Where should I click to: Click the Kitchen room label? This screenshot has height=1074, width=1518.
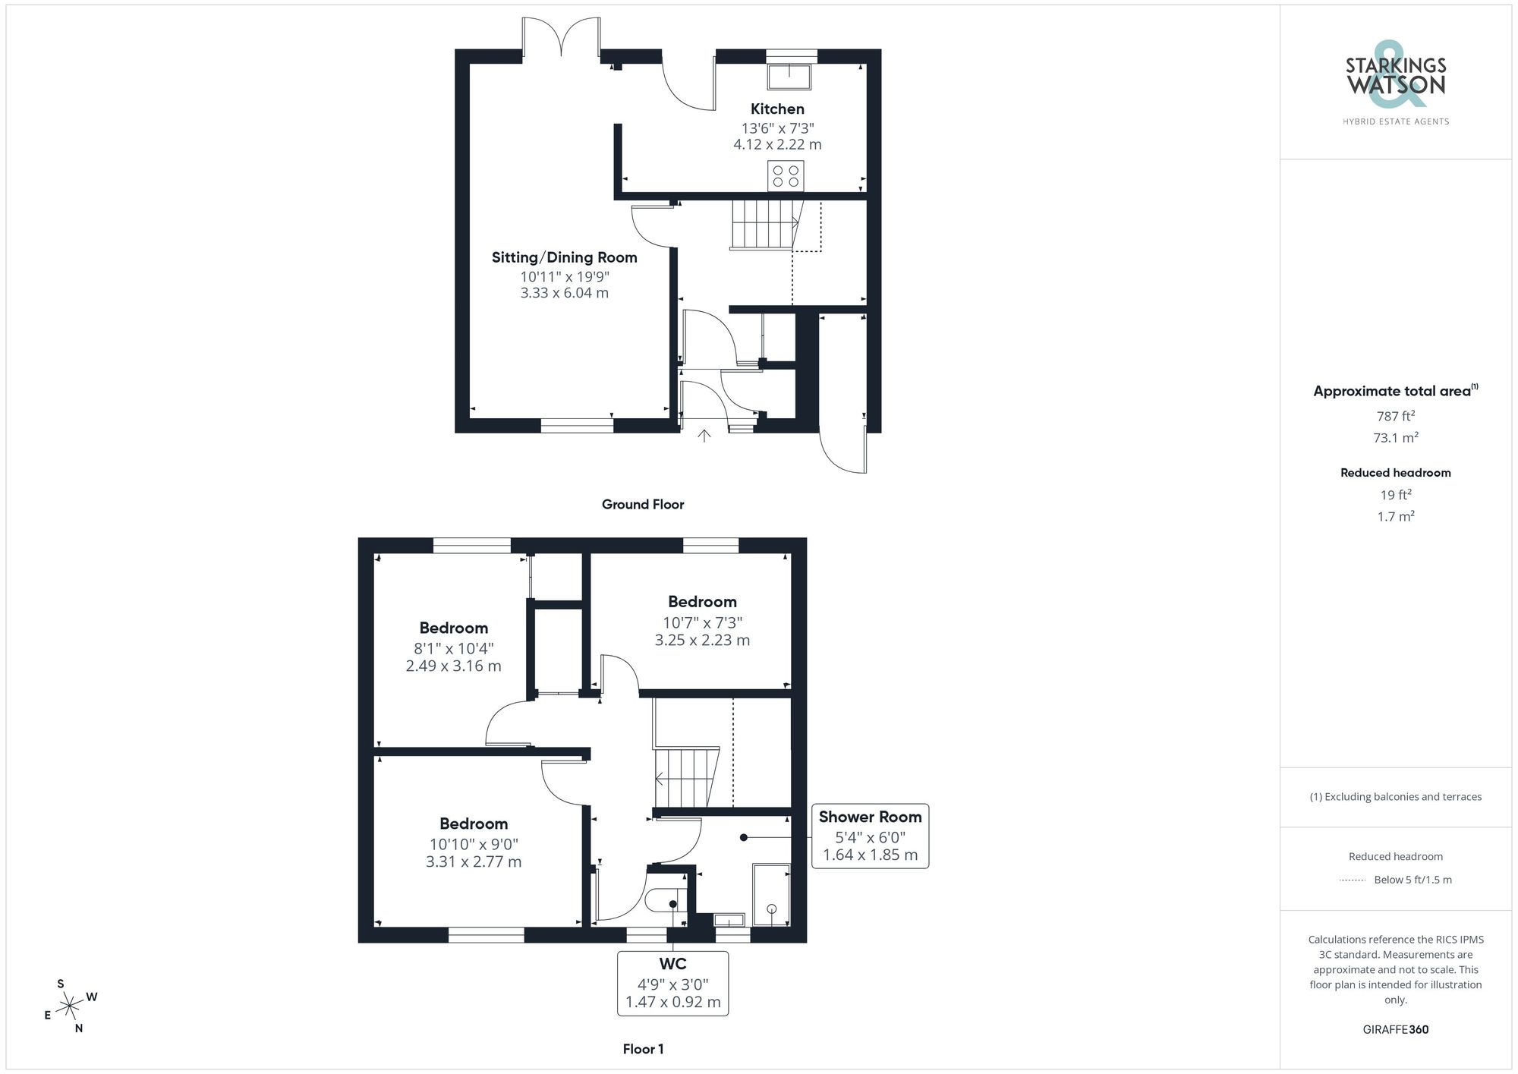[777, 109]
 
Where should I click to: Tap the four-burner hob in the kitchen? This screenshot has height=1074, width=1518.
[786, 176]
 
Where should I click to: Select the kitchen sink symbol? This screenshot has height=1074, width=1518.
[790, 76]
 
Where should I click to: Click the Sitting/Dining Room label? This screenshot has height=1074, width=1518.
[564, 257]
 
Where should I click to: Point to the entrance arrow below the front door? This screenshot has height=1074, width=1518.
[704, 436]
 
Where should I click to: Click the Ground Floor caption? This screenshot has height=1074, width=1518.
[643, 505]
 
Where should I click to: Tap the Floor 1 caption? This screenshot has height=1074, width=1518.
[643, 1049]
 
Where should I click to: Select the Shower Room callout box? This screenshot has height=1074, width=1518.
[870, 836]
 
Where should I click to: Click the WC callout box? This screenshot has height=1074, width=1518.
[672, 984]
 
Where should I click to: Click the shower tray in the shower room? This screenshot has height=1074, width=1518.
[771, 894]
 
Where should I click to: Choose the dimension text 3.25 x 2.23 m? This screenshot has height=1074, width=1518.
[702, 640]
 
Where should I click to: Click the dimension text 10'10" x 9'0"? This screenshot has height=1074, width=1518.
[474, 844]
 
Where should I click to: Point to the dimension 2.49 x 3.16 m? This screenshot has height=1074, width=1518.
[453, 666]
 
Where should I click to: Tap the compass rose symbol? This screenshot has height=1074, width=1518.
[70, 1006]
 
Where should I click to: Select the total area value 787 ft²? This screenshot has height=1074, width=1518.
[1395, 416]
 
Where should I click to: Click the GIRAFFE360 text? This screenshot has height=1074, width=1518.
[1395, 1030]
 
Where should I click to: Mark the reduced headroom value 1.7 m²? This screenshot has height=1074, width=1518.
[1395, 517]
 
